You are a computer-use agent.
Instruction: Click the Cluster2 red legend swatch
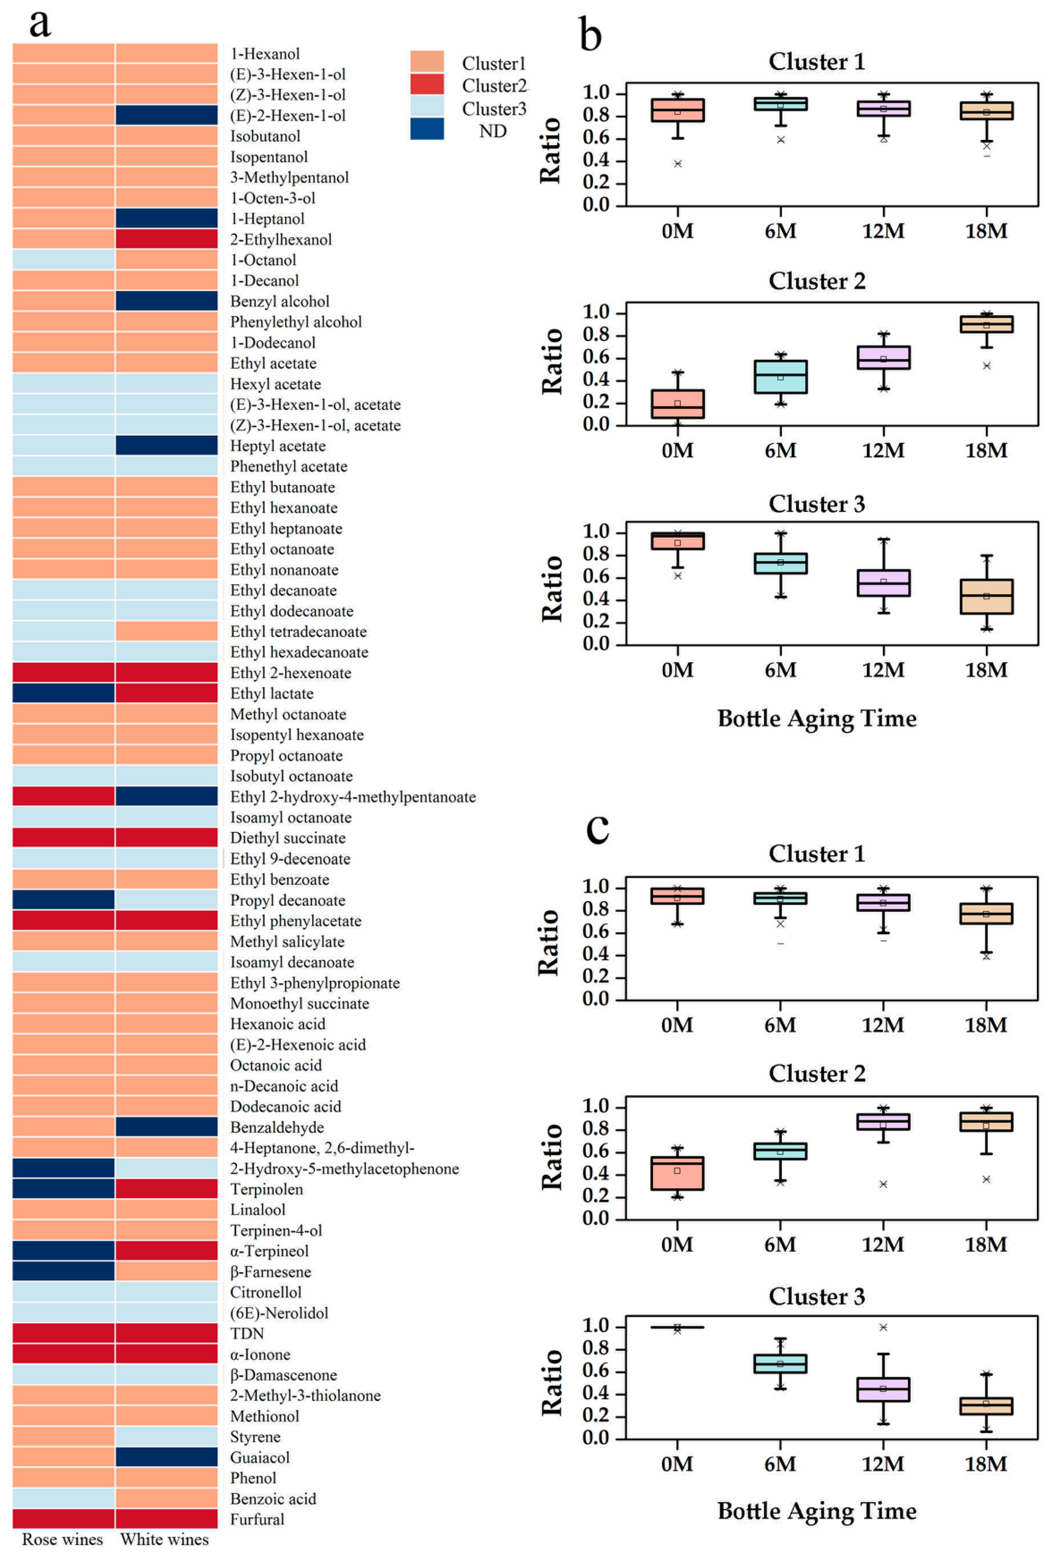[x=427, y=84]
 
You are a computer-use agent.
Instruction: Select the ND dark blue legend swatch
[x=427, y=129]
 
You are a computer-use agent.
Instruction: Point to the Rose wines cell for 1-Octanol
[x=63, y=260]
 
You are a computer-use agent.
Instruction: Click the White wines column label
[x=164, y=1539]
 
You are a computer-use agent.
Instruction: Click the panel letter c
[x=597, y=828]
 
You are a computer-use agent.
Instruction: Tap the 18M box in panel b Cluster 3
[x=987, y=596]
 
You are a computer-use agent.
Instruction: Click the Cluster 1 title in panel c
[x=817, y=854]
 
